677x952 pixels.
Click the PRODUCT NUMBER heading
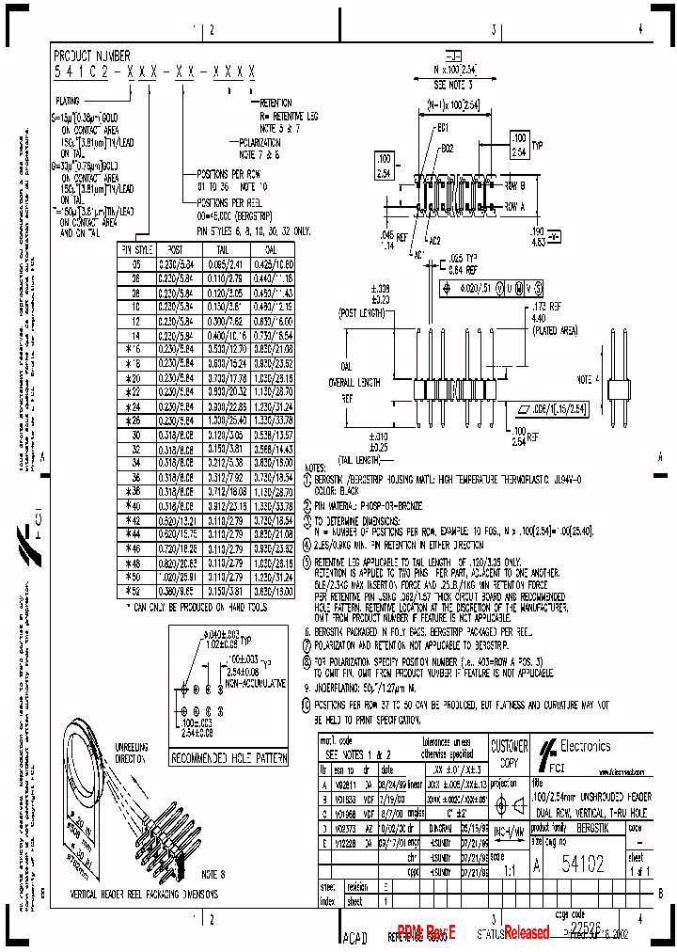point(92,56)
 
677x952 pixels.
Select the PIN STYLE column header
point(136,249)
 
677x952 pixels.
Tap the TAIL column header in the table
point(223,249)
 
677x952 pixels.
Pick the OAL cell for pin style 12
point(271,320)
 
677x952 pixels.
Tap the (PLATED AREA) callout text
point(555,331)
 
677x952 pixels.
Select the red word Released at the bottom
point(527,932)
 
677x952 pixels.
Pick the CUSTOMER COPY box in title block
point(510,752)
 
